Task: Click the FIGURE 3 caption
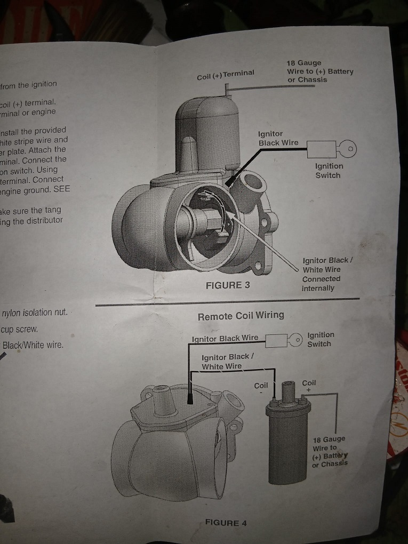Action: tap(228, 285)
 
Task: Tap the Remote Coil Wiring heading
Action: tap(241, 315)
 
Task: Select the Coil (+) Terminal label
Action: tap(226, 75)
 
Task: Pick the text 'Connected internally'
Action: tap(321, 283)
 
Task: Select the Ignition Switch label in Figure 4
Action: tap(321, 339)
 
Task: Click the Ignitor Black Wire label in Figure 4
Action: tap(225, 338)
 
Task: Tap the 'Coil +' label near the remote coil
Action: tap(309, 386)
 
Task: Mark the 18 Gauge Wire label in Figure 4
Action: tap(329, 451)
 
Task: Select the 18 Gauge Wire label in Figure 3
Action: tap(319, 71)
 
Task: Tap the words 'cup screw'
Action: tap(20, 329)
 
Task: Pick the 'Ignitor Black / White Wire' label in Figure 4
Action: tap(227, 361)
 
